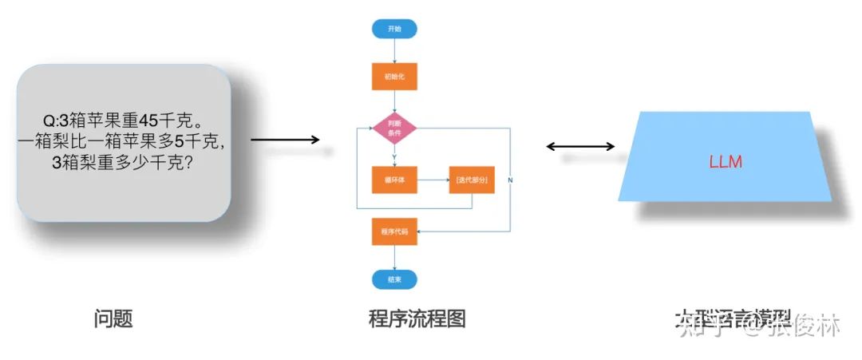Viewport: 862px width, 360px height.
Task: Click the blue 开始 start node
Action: pyautogui.click(x=394, y=29)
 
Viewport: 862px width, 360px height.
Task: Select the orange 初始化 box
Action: pyautogui.click(x=394, y=77)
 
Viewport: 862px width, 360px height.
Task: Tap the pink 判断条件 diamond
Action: pyautogui.click(x=394, y=129)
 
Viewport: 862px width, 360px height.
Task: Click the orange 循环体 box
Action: pyautogui.click(x=394, y=180)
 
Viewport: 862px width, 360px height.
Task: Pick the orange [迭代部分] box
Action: pyautogui.click(x=471, y=180)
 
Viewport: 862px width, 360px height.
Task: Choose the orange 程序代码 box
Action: pyautogui.click(x=394, y=231)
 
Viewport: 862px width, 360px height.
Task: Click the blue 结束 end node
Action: pyautogui.click(x=394, y=279)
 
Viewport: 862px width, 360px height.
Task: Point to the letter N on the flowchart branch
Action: pyautogui.click(x=510, y=180)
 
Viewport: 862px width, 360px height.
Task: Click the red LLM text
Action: pyautogui.click(x=726, y=162)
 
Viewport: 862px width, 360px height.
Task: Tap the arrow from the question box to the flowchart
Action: pyautogui.click(x=285, y=140)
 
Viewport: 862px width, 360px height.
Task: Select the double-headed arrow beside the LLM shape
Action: pyautogui.click(x=580, y=146)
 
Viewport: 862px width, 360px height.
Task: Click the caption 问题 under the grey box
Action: pyautogui.click(x=113, y=319)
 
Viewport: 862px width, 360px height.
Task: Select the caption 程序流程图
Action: pyautogui.click(x=417, y=319)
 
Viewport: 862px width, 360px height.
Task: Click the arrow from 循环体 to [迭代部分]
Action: pyautogui.click(x=432, y=180)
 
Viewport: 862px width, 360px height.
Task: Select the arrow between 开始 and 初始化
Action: pyautogui.click(x=394, y=51)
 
